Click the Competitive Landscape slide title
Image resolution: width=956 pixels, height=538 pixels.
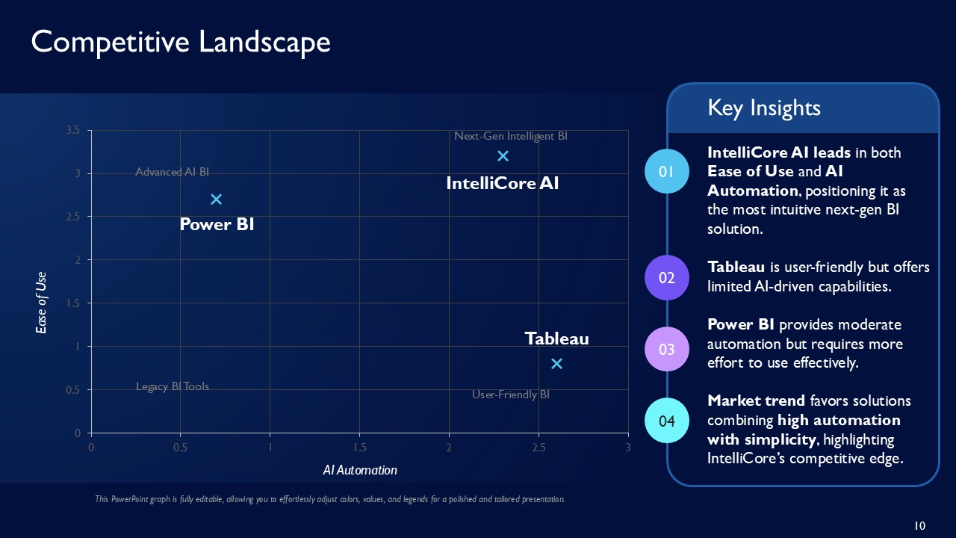point(181,42)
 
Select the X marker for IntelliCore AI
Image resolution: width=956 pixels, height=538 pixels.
point(503,155)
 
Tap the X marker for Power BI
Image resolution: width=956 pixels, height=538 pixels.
point(216,199)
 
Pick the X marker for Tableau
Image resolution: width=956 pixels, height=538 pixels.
point(556,363)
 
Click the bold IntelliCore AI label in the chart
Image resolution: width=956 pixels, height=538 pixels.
point(502,183)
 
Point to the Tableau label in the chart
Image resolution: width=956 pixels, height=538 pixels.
point(556,338)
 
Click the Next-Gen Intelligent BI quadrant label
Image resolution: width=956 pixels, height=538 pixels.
point(511,136)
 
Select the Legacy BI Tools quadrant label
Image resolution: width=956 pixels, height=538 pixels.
point(173,386)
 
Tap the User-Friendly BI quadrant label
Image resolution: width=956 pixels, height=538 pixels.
point(511,394)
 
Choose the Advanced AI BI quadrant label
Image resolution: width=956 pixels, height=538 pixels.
point(173,172)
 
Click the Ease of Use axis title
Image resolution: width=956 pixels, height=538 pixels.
point(42,303)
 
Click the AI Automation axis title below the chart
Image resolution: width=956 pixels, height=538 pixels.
point(360,470)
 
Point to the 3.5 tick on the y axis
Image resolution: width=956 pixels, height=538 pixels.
point(73,130)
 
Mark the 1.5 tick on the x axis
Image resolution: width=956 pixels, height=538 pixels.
point(359,447)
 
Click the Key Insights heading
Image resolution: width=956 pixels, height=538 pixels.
point(764,108)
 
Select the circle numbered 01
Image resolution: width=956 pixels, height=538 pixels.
point(667,171)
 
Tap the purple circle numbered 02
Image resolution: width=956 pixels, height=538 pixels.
point(667,278)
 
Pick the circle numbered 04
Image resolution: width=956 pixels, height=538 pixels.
point(667,421)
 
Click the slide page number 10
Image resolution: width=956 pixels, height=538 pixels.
point(920,526)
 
